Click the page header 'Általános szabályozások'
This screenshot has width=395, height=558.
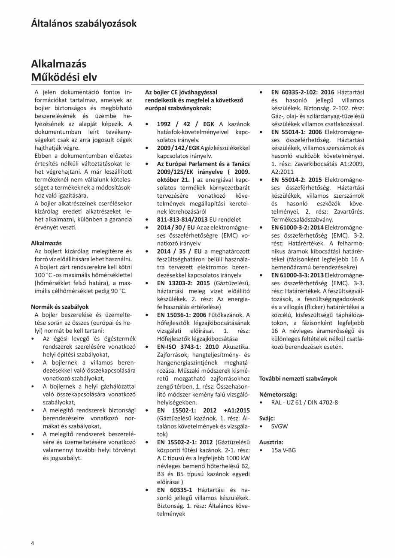pos(84,23)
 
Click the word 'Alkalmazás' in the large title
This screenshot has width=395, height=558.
pos(58,64)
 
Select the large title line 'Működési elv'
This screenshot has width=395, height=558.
pos(64,77)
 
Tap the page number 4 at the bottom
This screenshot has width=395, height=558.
pos(33,543)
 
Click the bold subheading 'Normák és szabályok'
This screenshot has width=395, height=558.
pos(60,307)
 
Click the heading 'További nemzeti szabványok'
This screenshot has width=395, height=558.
pos(298,379)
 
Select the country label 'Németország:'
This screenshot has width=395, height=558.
pos(278,394)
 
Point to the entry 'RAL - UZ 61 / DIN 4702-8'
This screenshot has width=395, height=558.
pos(304,402)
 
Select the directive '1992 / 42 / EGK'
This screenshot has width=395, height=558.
pos(185,124)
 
